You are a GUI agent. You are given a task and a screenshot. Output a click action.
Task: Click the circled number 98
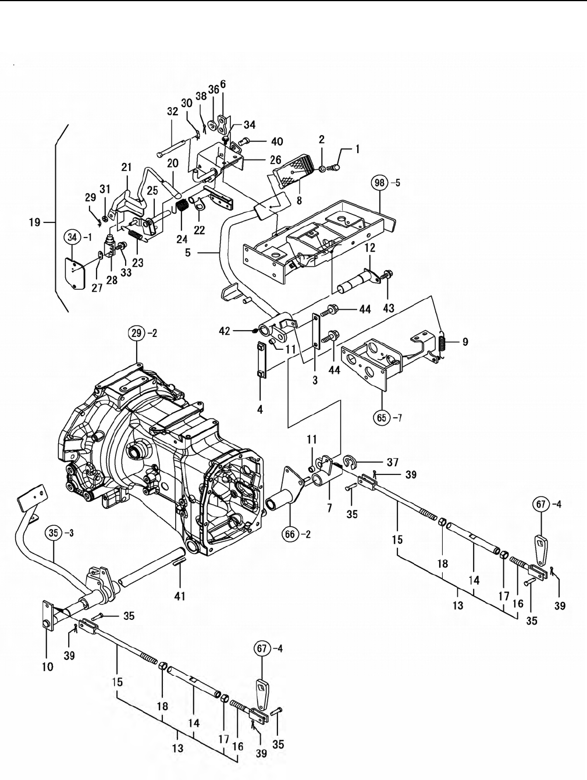pyautogui.click(x=380, y=183)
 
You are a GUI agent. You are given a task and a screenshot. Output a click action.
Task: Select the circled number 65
pyautogui.click(x=382, y=417)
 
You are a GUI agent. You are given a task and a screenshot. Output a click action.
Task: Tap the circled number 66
pyautogui.click(x=290, y=534)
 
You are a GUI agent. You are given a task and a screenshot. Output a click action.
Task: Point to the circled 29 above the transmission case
pyautogui.click(x=137, y=334)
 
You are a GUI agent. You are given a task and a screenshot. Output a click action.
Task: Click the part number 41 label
pyautogui.click(x=180, y=596)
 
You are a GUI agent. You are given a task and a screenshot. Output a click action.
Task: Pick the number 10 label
pyautogui.click(x=48, y=667)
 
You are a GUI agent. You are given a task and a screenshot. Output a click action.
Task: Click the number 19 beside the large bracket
pyautogui.click(x=34, y=222)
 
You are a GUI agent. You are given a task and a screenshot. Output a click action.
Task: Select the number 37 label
pyautogui.click(x=393, y=462)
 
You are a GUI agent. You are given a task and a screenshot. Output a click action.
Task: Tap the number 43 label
pyautogui.click(x=389, y=308)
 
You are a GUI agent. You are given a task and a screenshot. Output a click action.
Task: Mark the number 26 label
pyautogui.click(x=276, y=160)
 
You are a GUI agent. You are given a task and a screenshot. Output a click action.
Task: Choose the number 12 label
pyautogui.click(x=369, y=248)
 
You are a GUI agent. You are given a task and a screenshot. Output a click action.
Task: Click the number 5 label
pyautogui.click(x=188, y=253)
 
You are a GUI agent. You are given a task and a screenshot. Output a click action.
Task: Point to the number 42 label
pyautogui.click(x=225, y=331)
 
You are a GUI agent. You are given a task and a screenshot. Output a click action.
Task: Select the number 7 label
pyautogui.click(x=329, y=509)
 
